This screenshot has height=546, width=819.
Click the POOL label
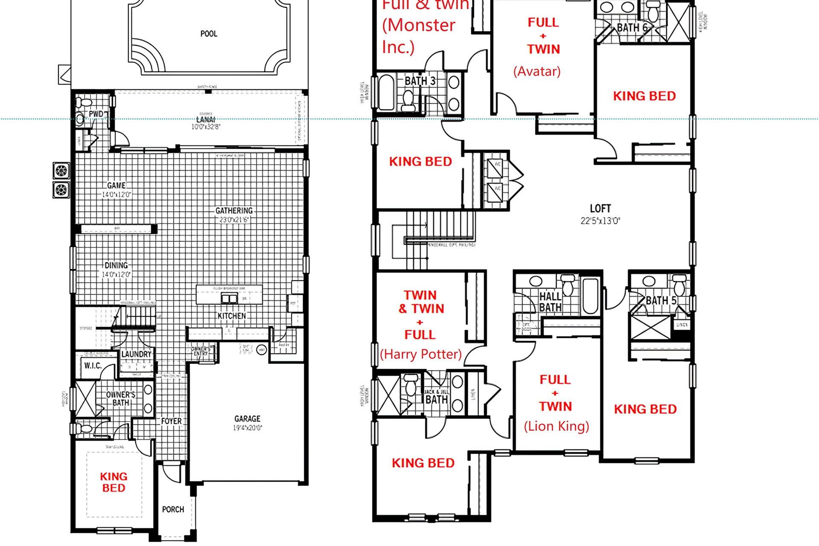[x=209, y=34]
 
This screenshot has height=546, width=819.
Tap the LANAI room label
[x=206, y=119]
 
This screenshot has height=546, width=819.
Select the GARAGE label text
[x=247, y=419]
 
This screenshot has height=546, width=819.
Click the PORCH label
[x=173, y=509]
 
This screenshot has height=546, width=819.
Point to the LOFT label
[x=600, y=209]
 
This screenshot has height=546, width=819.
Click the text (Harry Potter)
[x=421, y=354]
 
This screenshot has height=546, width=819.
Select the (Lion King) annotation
[x=556, y=426]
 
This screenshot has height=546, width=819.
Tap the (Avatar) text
[x=537, y=71]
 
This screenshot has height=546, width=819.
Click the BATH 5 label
[x=661, y=301]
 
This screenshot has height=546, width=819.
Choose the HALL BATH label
[x=550, y=302]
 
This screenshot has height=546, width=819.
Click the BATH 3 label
[x=420, y=81]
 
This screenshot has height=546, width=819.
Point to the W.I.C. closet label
[x=93, y=366]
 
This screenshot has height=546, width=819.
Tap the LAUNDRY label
[x=136, y=354]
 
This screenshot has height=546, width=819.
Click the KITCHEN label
[x=232, y=316]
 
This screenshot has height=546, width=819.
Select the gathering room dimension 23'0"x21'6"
[x=234, y=220]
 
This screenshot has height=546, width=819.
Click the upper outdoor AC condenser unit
[x=61, y=171]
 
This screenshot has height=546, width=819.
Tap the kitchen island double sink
[x=229, y=298]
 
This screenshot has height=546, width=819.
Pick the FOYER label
[x=171, y=421]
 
